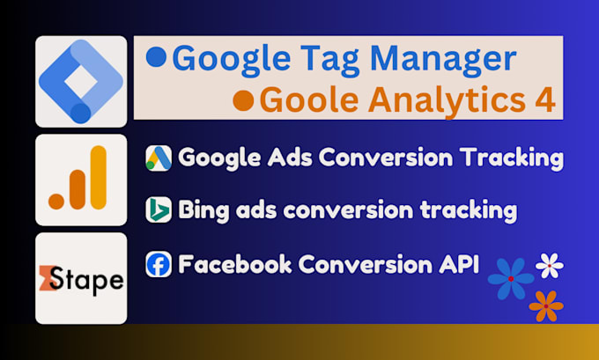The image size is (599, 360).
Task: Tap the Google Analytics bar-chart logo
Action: [x=80, y=180]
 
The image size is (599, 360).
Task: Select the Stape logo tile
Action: [x=81, y=278]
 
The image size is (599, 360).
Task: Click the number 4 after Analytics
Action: [x=546, y=99]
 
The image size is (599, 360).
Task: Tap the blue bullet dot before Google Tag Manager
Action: [x=156, y=58]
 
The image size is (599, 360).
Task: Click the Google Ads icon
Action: [x=159, y=158]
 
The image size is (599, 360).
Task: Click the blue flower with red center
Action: [x=511, y=278]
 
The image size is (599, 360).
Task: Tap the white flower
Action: [x=550, y=263]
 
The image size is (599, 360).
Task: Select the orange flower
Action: [x=546, y=305]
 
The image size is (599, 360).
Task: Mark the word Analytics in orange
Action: [x=446, y=99]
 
